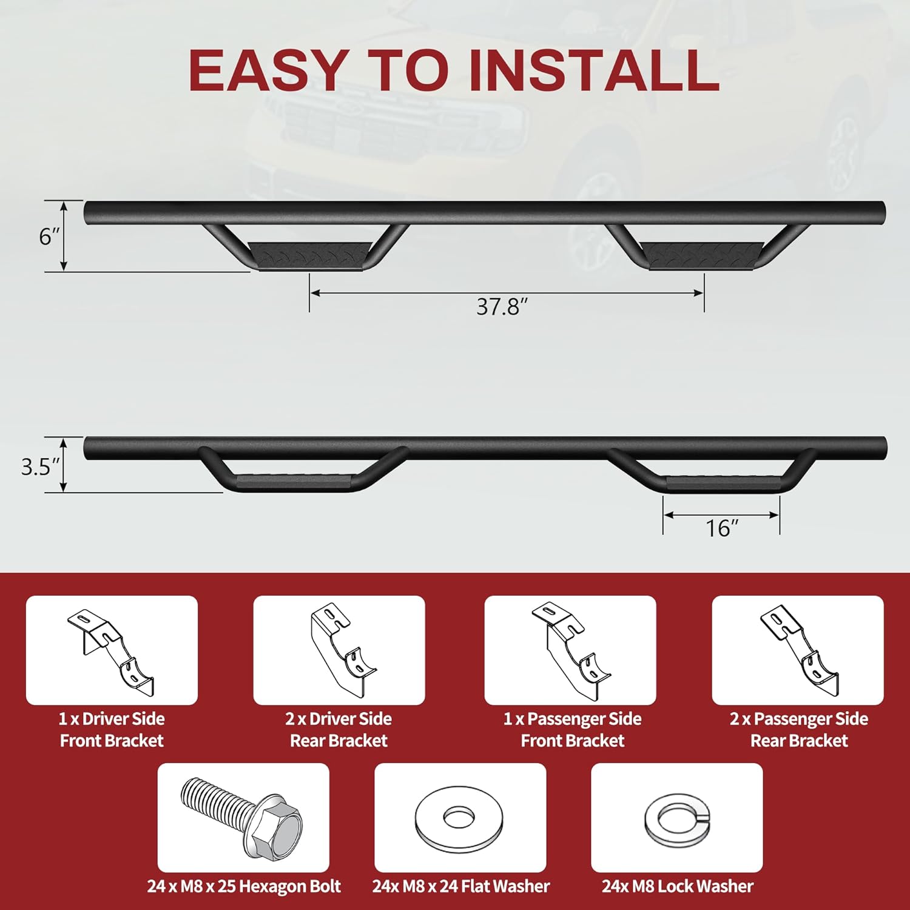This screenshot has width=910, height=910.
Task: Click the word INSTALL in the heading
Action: tap(595, 70)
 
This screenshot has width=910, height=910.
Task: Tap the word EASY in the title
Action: tap(268, 70)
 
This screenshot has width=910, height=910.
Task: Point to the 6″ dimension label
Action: tap(50, 236)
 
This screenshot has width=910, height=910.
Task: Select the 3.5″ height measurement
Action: tap(41, 467)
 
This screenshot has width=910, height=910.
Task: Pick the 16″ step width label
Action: tap(721, 528)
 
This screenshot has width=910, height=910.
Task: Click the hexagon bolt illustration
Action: tap(243, 817)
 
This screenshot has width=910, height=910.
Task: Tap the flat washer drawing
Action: tap(459, 817)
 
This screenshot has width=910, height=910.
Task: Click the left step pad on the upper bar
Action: tap(309, 254)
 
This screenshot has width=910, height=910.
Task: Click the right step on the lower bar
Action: tap(722, 483)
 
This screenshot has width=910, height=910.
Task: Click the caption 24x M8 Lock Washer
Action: tap(677, 886)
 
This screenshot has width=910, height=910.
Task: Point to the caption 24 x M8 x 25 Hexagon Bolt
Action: tap(244, 886)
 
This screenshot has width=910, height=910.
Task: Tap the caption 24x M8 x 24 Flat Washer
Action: tap(461, 886)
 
